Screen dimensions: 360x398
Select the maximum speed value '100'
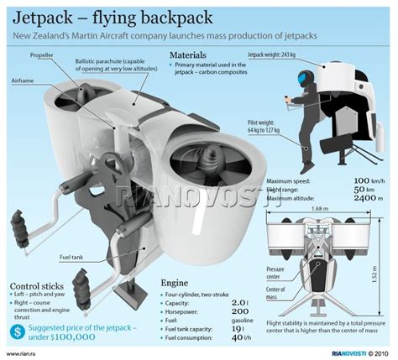click(359, 181)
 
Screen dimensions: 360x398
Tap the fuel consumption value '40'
click(238, 337)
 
